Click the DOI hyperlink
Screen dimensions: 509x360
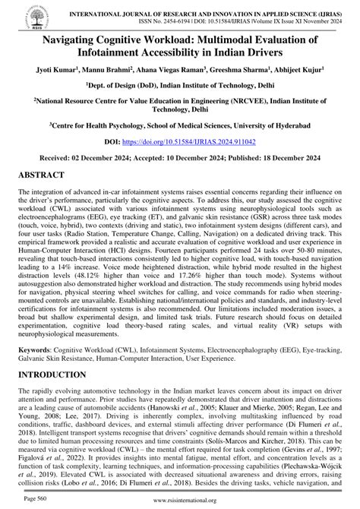(206, 163)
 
